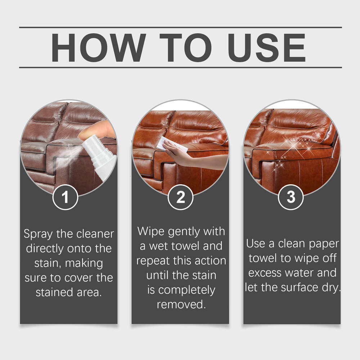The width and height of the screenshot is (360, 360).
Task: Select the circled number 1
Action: [x=65, y=197]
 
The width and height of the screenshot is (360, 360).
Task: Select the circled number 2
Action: [x=180, y=197]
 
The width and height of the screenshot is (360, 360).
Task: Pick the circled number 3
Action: [x=291, y=197]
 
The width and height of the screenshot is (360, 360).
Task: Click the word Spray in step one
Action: [x=39, y=234]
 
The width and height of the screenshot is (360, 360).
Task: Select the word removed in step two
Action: [x=181, y=305]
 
